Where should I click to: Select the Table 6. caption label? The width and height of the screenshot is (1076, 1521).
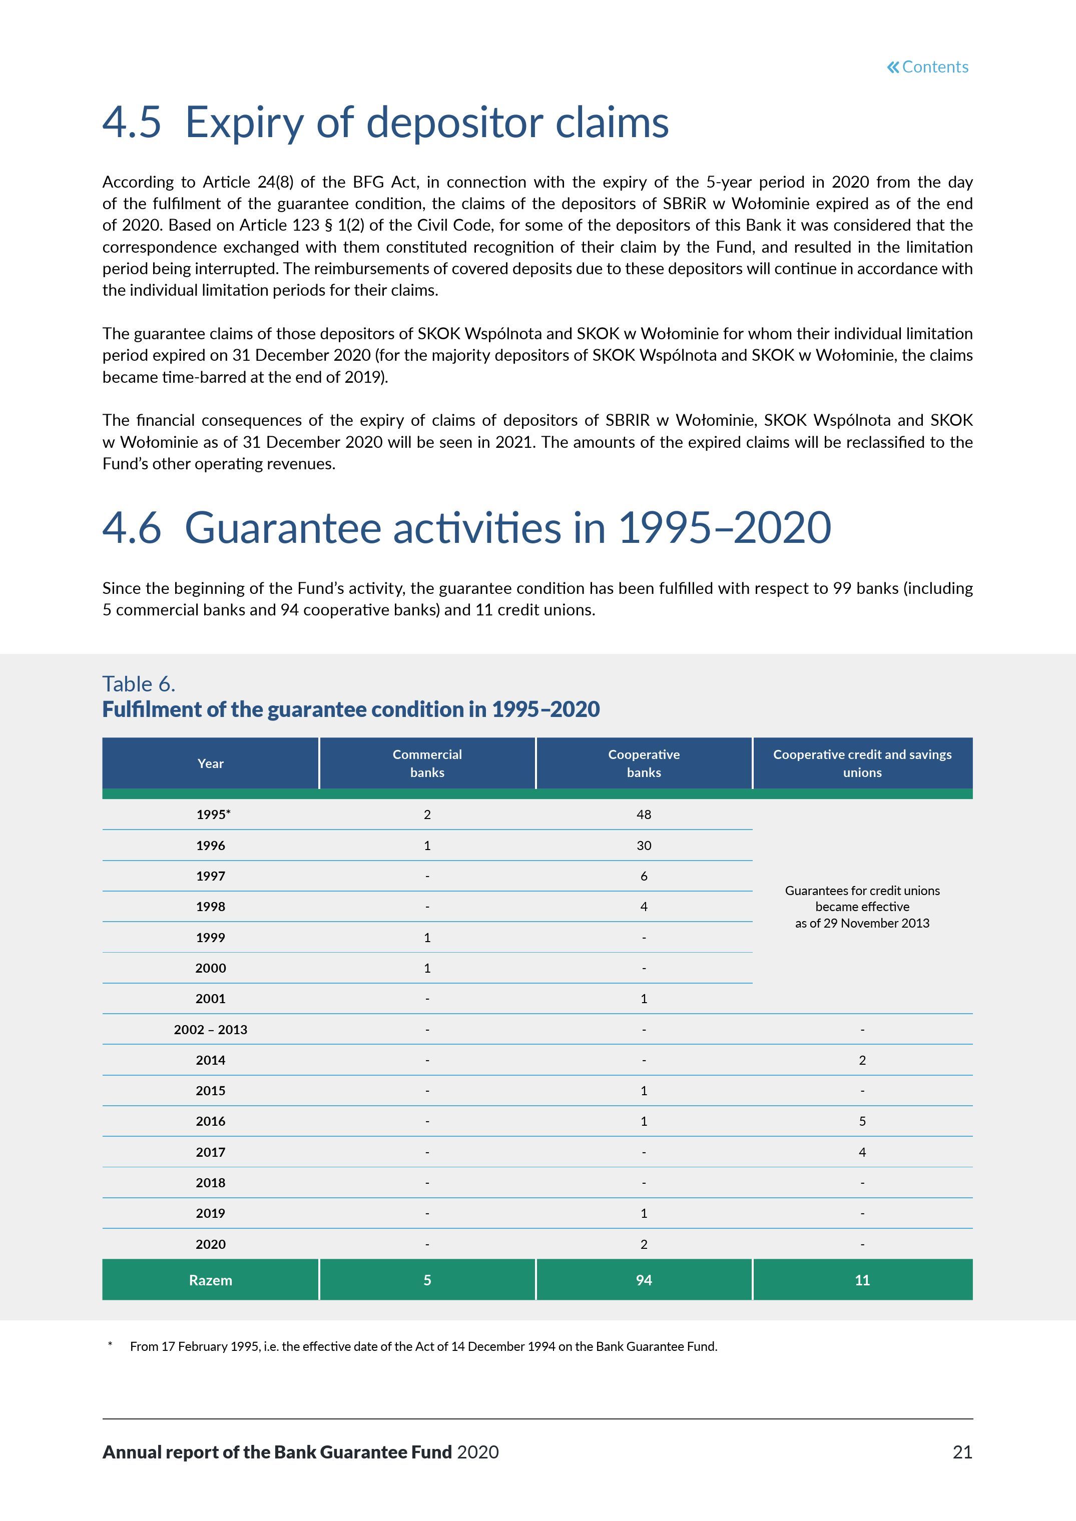click(x=139, y=683)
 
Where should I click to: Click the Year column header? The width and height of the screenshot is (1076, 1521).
click(x=210, y=763)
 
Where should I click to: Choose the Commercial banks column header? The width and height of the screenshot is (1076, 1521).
click(x=427, y=763)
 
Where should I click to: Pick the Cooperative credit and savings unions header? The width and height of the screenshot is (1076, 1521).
click(x=862, y=763)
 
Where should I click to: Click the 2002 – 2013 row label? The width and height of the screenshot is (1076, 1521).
click(x=210, y=1030)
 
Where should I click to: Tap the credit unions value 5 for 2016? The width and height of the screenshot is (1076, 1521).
click(x=862, y=1121)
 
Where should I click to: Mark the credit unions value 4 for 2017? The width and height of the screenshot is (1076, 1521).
click(x=862, y=1152)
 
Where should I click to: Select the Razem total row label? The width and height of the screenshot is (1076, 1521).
click(x=210, y=1280)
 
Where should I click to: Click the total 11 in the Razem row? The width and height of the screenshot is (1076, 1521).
click(x=862, y=1280)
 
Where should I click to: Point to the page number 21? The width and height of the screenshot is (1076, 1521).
click(x=962, y=1452)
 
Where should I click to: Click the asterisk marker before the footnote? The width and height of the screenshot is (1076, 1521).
click(x=110, y=1345)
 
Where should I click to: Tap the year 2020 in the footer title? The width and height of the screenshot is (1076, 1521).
click(x=478, y=1452)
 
